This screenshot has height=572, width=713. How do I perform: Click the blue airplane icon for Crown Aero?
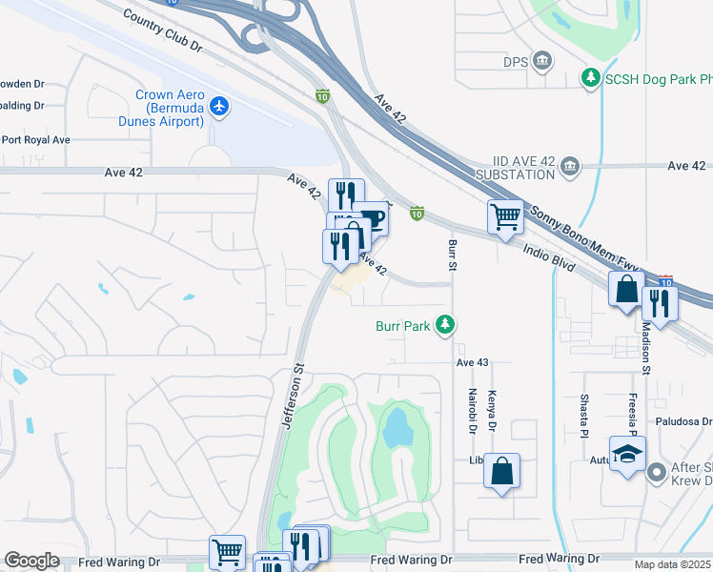click(x=219, y=105)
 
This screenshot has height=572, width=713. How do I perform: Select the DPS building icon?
click(x=542, y=62)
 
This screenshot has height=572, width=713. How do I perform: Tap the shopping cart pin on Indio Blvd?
click(x=504, y=217)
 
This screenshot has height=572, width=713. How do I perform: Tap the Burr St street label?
click(x=452, y=255)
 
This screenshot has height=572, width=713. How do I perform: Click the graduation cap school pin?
click(x=627, y=454)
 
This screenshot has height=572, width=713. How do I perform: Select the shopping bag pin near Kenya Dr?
click(x=501, y=471)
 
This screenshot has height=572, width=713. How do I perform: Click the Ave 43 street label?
click(x=472, y=362)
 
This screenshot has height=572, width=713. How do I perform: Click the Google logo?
click(x=31, y=561)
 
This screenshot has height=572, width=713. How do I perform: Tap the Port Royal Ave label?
click(x=35, y=139)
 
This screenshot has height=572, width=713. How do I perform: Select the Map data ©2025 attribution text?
click(x=673, y=564)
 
